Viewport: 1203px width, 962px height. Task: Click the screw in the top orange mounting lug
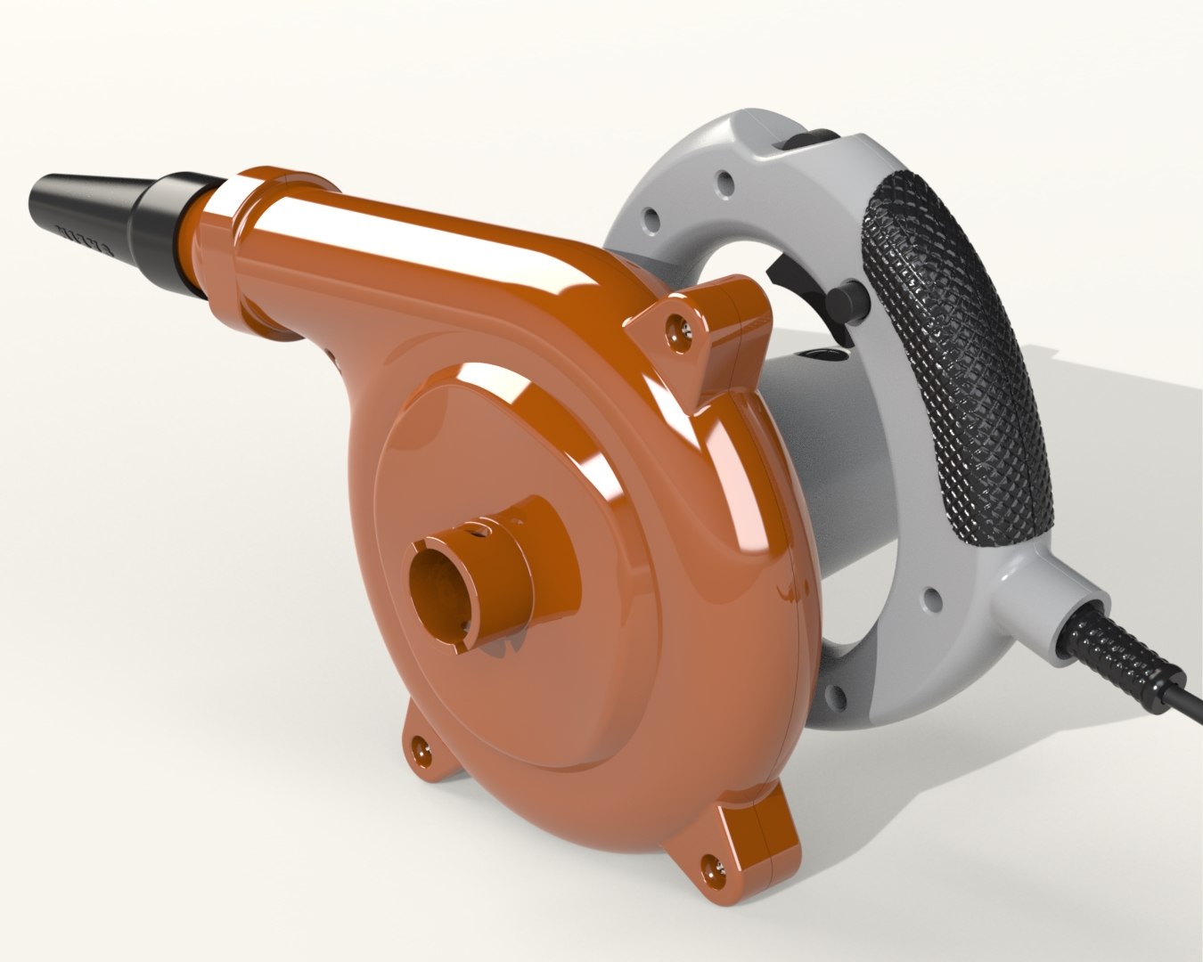(681, 329)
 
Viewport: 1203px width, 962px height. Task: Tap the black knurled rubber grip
(953, 356)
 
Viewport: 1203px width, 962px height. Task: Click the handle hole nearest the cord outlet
(934, 600)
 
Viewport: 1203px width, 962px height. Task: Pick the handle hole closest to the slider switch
(728, 183)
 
